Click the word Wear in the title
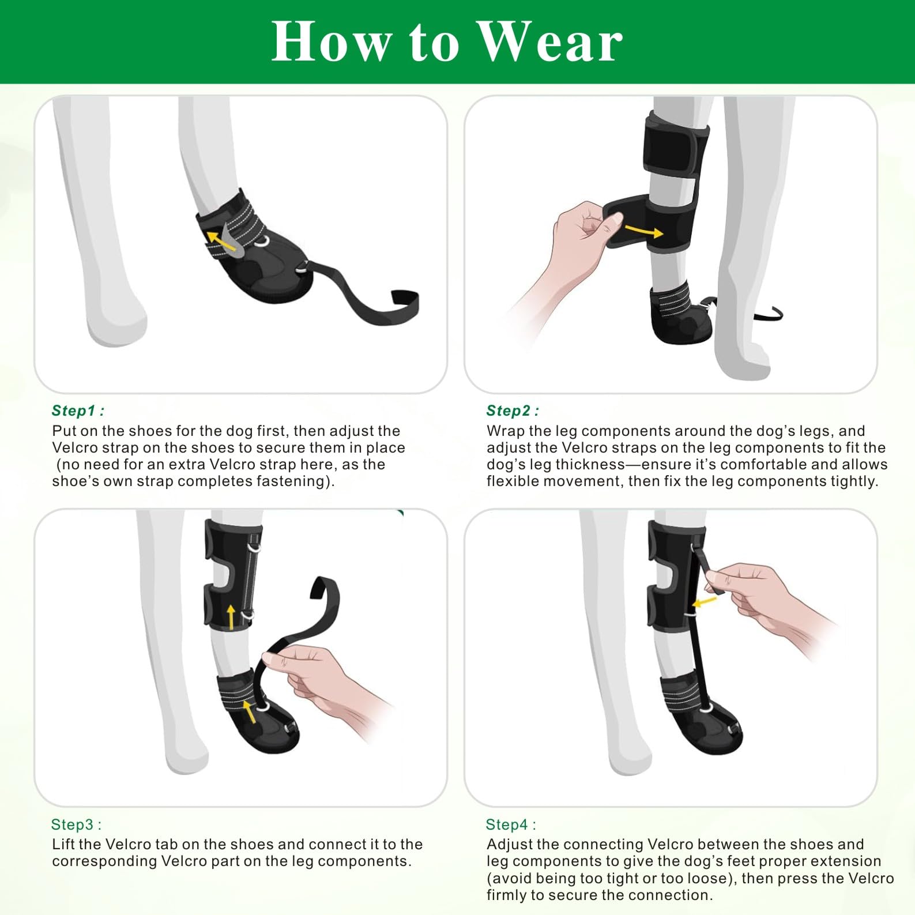(x=551, y=42)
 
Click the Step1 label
(x=78, y=411)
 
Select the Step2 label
(x=512, y=411)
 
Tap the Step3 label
(x=76, y=824)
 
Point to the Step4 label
(x=511, y=824)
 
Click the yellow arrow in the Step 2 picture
(x=644, y=231)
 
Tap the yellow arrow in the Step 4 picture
(x=704, y=602)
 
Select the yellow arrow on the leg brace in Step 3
(x=231, y=617)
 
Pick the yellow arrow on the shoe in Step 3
(x=249, y=711)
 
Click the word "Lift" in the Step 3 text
(x=63, y=845)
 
